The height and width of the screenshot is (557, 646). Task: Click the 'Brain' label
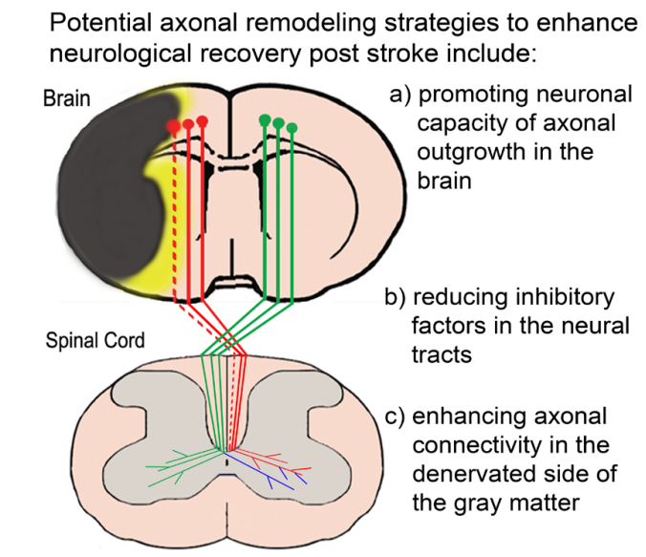66,98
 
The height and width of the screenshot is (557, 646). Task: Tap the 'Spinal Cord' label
95,340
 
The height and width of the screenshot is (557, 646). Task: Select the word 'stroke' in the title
398,54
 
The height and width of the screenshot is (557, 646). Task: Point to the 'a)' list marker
400,96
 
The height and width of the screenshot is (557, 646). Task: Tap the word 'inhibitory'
513,297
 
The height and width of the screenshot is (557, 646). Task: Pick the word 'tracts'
441,354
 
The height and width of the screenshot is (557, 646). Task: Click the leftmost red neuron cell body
174,126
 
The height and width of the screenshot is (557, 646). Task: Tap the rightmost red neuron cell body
203,121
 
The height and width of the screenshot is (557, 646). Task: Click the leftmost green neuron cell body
265,120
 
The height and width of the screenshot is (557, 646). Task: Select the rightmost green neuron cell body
291,128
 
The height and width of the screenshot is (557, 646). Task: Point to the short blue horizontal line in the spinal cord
226,475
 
